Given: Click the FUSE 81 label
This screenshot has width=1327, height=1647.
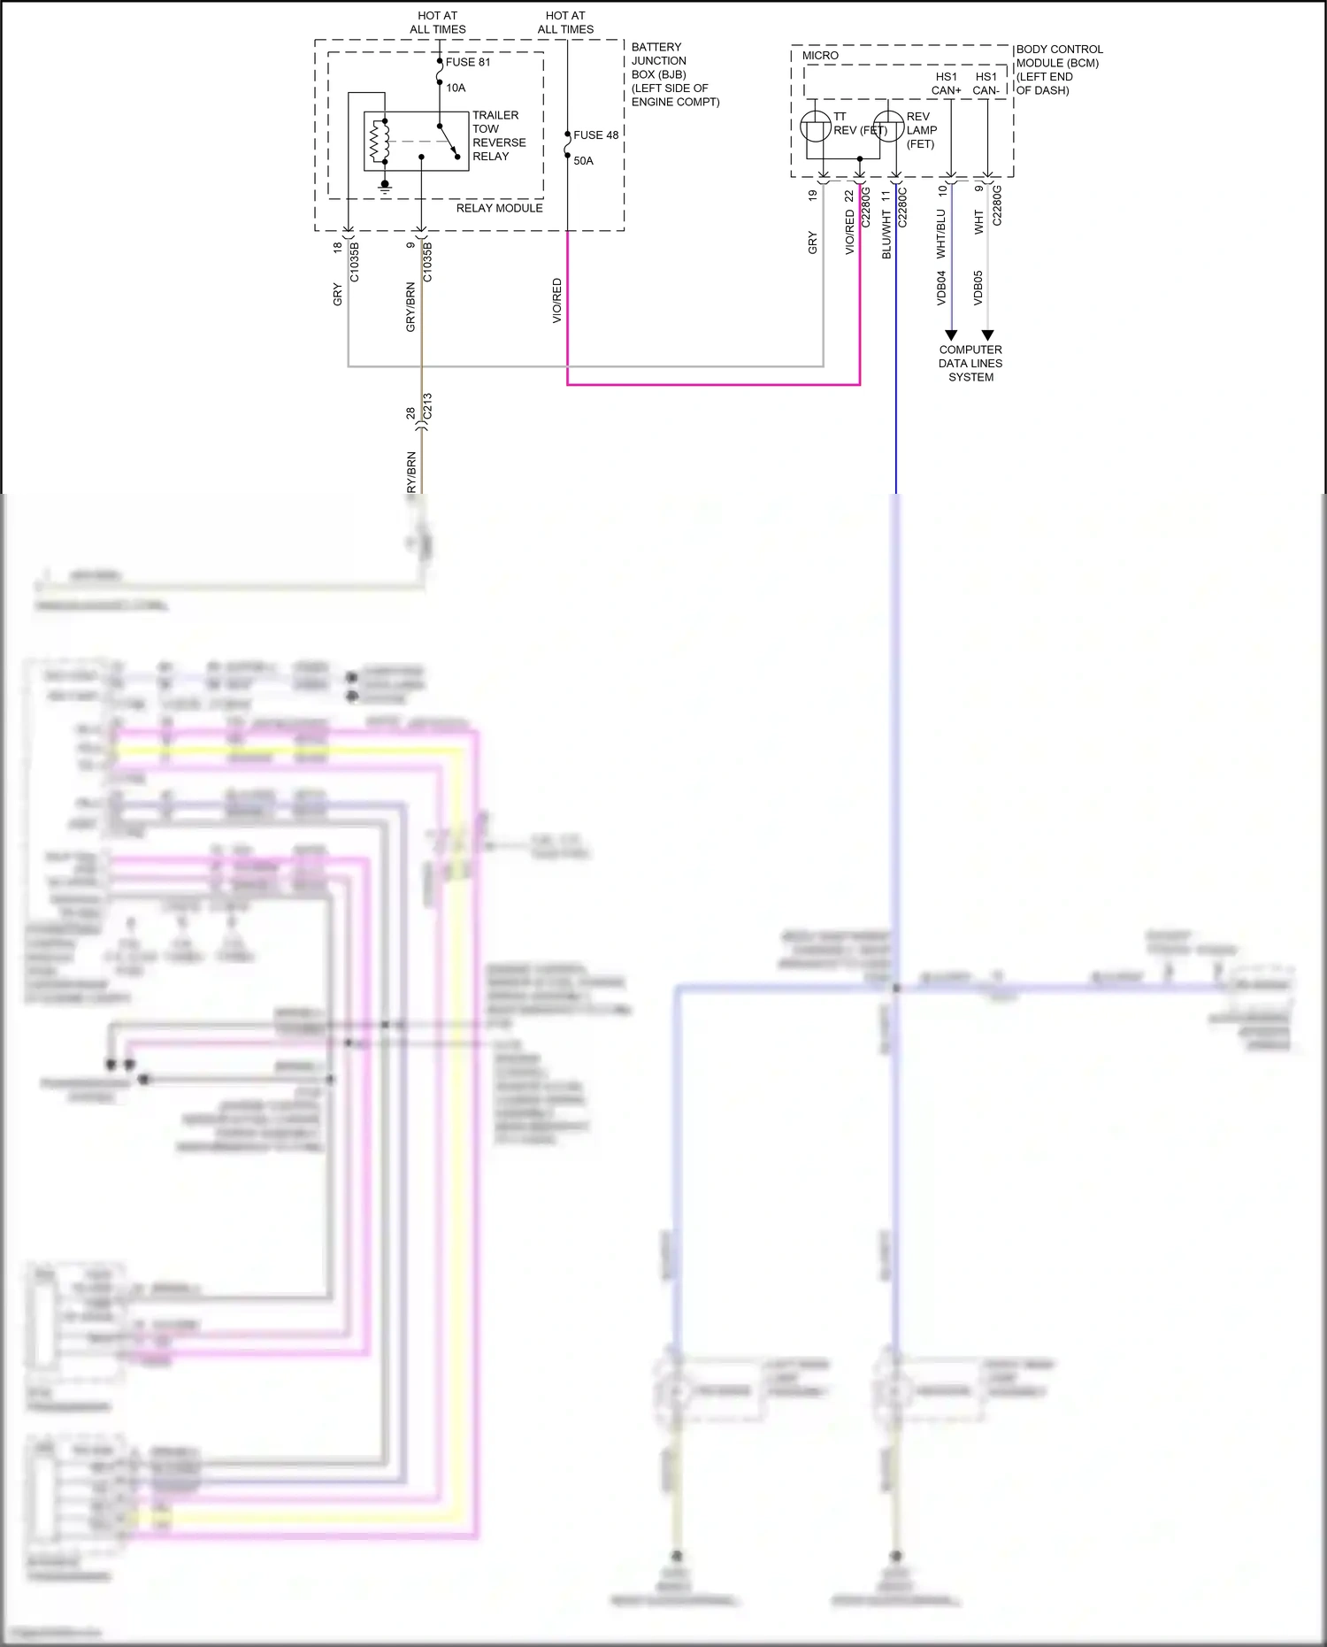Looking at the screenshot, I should [468, 62].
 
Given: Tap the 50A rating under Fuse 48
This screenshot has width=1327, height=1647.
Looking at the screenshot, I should [583, 160].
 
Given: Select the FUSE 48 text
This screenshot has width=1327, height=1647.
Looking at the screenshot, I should [595, 135].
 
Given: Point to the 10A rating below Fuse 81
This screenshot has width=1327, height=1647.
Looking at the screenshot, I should [456, 88].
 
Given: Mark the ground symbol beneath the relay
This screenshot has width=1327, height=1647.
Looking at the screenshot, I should [385, 187].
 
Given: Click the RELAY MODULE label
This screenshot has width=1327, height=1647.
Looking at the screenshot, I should [499, 208].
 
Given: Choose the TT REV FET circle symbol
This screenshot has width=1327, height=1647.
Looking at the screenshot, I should [815, 127].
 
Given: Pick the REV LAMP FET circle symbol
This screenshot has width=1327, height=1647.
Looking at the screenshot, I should [888, 127].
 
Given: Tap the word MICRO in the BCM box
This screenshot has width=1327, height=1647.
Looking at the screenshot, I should [820, 55].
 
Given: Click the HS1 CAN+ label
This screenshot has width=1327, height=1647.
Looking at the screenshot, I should [946, 83].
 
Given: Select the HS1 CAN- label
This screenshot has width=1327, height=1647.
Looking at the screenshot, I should [986, 83].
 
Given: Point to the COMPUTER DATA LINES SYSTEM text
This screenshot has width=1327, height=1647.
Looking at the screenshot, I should [970, 363].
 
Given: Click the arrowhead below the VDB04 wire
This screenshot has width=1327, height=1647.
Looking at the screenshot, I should [951, 335].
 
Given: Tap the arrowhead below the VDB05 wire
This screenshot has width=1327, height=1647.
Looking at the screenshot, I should [987, 335].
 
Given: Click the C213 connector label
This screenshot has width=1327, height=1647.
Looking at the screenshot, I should [428, 407].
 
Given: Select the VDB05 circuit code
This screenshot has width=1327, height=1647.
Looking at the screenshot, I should [978, 288].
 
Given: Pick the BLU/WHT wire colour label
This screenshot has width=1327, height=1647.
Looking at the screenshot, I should [886, 235].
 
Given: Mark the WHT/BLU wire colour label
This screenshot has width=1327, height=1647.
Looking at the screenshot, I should [940, 234].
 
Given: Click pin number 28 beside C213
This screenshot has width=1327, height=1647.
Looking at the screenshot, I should [410, 413].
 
